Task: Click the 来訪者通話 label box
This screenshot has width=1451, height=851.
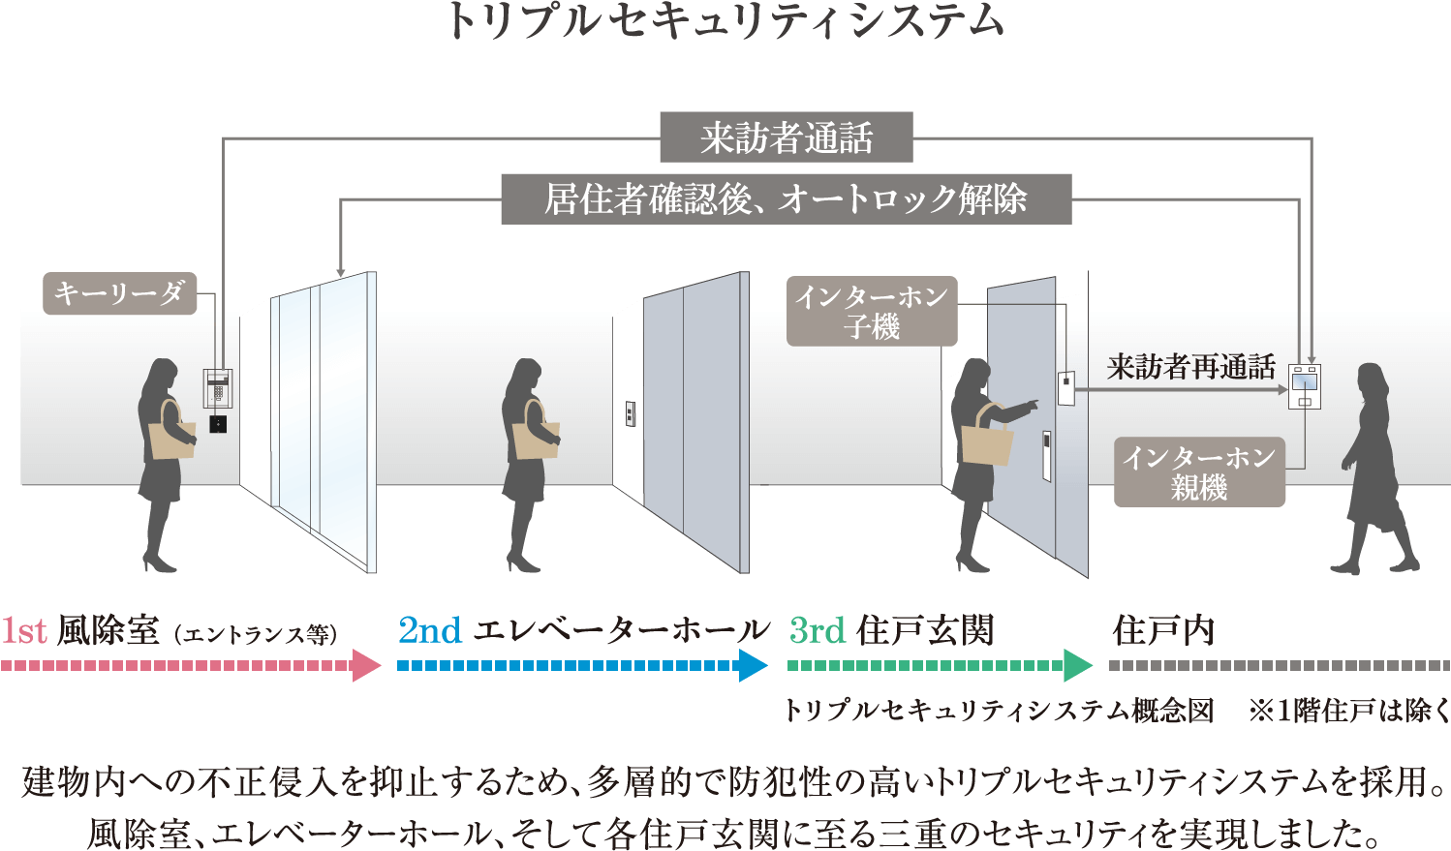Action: pyautogui.click(x=786, y=137)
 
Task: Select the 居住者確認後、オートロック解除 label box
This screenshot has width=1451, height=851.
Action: pyautogui.click(x=786, y=199)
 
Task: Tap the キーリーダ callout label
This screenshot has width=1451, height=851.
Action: pyautogui.click(x=120, y=293)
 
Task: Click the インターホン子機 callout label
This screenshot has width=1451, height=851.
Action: pyautogui.click(x=872, y=311)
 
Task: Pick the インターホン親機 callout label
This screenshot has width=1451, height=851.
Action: pyautogui.click(x=1199, y=472)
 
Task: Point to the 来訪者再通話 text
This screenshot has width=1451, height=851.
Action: pyautogui.click(x=1190, y=367)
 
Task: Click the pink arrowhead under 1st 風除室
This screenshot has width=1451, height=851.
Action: pyautogui.click(x=366, y=666)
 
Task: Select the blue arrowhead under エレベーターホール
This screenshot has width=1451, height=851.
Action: pyautogui.click(x=752, y=666)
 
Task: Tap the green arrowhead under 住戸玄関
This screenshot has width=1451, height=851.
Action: pyautogui.click(x=1077, y=666)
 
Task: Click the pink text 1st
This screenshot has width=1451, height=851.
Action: pyautogui.click(x=24, y=631)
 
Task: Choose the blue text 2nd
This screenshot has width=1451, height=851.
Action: pyautogui.click(x=430, y=631)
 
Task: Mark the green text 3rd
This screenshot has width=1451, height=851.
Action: pyautogui.click(x=818, y=631)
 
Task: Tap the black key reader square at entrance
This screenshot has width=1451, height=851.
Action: pyautogui.click(x=218, y=424)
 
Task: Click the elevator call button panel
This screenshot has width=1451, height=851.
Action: pyautogui.click(x=630, y=414)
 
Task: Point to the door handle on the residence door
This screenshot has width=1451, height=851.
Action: pyautogui.click(x=1046, y=455)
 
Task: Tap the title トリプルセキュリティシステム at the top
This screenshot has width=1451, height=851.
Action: pyautogui.click(x=725, y=21)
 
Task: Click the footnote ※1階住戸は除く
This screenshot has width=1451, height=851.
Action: pyautogui.click(x=1348, y=712)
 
